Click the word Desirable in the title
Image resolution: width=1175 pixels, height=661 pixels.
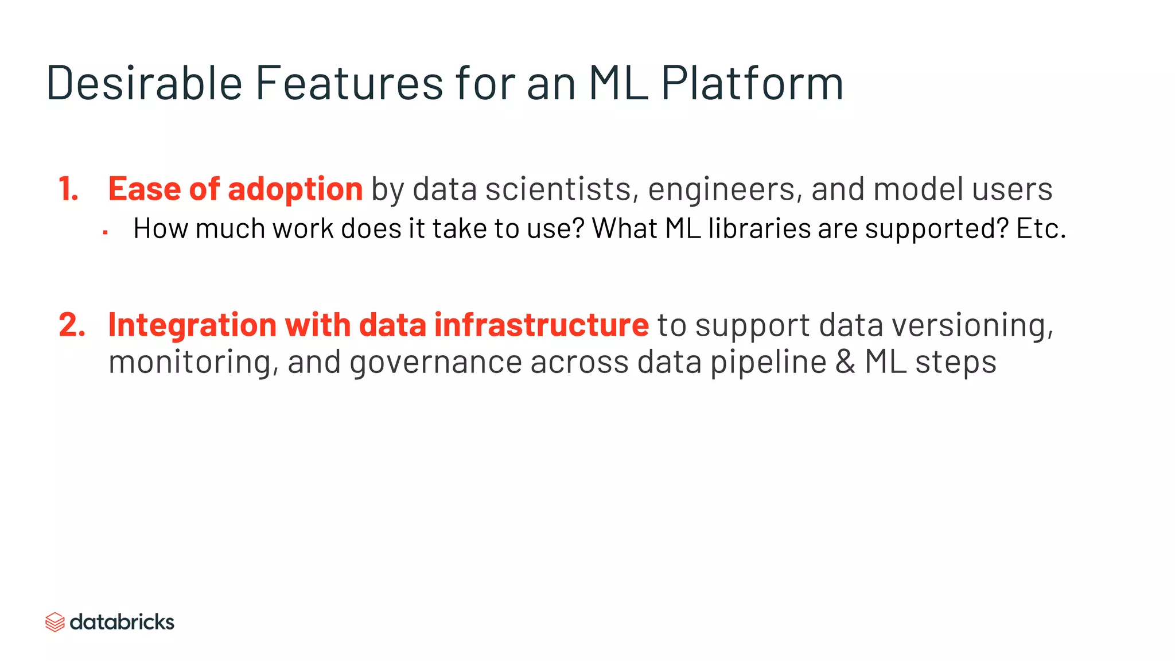144,83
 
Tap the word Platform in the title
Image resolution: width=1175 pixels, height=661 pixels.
752,83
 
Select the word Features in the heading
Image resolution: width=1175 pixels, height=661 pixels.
349,83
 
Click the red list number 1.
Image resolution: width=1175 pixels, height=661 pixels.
68,189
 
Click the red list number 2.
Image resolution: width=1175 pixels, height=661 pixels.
72,325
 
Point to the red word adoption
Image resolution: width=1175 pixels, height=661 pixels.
295,189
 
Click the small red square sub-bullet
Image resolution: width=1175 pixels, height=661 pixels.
106,232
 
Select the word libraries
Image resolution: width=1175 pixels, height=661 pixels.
759,228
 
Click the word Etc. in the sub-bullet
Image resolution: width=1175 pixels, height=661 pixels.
1041,228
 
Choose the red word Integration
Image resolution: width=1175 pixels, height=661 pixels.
193,326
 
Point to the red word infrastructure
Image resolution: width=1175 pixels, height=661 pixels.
541,325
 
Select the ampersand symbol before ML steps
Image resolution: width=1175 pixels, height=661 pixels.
845,362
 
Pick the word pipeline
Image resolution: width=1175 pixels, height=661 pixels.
768,363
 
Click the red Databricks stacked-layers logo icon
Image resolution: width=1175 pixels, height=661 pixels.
55,622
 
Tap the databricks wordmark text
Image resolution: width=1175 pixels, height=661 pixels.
122,622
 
